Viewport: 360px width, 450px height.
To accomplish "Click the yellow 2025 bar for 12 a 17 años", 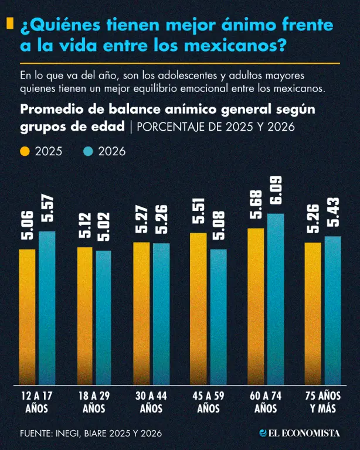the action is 28,317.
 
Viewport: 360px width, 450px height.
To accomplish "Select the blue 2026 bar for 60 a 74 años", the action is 276,299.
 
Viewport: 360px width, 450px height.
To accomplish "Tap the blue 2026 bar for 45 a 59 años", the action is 219,317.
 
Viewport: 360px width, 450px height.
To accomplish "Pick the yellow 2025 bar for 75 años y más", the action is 313,313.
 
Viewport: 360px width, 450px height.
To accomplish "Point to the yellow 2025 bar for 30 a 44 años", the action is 141,313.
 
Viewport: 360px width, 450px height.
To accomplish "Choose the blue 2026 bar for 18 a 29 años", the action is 103,318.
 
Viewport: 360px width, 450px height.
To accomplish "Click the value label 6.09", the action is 276,190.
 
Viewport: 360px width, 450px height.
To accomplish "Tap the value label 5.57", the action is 47,208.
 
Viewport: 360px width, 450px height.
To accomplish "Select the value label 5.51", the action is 199,210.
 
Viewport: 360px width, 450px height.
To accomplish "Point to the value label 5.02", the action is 103,227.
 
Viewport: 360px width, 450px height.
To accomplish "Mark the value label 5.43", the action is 333,212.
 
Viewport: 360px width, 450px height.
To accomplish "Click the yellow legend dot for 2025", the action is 25,151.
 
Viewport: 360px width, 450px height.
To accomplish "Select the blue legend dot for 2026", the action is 88,151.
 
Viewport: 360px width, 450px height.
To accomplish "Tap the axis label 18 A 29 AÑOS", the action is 94,402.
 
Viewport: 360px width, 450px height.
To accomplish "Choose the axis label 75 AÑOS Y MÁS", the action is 323,402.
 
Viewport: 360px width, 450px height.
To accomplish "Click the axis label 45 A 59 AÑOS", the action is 208,402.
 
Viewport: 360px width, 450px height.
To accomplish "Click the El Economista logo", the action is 300,433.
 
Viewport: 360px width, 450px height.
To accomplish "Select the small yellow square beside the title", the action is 10,23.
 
